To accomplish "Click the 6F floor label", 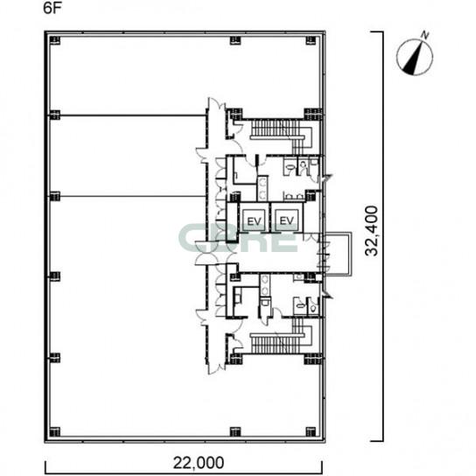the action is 52,8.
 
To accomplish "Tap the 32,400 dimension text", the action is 372,231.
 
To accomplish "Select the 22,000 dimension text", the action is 199,463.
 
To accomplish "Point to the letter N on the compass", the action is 425,36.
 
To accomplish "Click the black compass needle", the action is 414,59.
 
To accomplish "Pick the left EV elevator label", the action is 254,221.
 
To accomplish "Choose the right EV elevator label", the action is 286,220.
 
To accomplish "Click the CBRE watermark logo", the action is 239,238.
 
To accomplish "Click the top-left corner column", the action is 54,40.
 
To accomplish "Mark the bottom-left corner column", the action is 54,432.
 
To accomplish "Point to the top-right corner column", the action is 311,40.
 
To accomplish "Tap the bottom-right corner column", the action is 311,432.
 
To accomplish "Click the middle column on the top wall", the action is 235,40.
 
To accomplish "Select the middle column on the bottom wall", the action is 235,432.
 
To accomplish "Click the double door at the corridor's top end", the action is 216,105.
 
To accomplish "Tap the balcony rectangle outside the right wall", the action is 351,255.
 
